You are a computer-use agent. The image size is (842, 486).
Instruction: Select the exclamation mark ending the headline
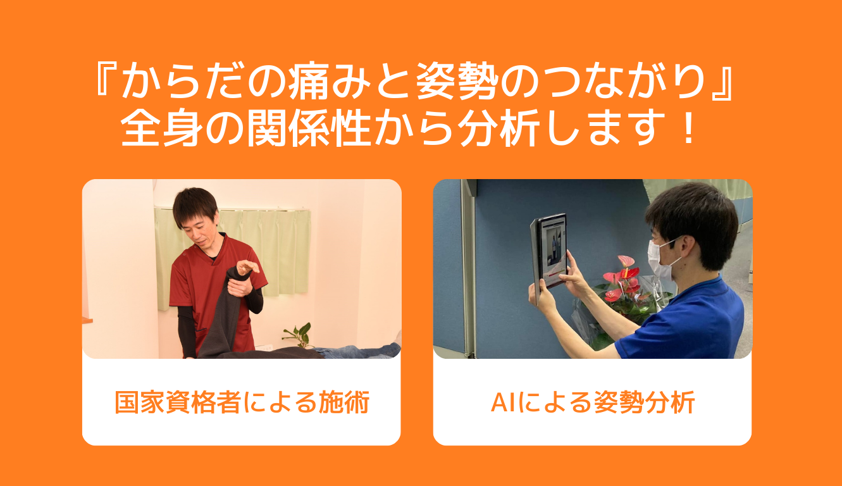(x=689, y=128)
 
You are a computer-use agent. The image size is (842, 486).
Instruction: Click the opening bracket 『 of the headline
(x=106, y=77)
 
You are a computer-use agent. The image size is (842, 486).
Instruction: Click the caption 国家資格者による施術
(x=242, y=402)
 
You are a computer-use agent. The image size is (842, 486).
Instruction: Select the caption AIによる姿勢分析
(x=593, y=402)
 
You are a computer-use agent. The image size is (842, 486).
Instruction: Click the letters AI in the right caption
(x=504, y=402)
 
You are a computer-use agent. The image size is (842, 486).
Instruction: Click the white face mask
(x=662, y=259)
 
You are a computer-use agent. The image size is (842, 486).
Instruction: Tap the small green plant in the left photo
(x=299, y=335)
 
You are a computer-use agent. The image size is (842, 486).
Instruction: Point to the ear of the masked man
(x=691, y=246)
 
